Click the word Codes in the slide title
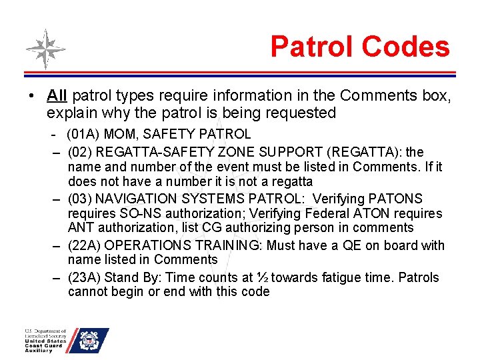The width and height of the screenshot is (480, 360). click(406, 47)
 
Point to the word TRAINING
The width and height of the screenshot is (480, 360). click(221, 245)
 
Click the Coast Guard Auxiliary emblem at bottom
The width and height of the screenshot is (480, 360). click(89, 341)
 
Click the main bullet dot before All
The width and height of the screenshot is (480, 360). click(32, 97)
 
